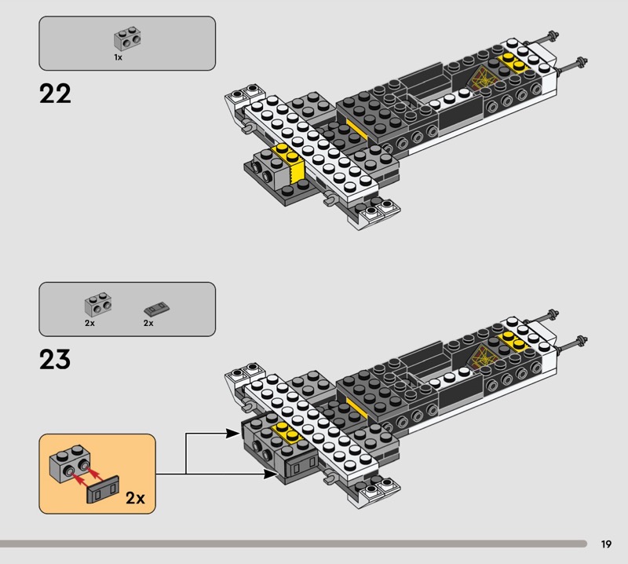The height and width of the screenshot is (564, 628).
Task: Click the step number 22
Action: (55, 94)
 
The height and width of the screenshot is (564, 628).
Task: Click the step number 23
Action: (55, 360)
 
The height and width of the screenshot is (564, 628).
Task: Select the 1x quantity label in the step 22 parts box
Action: (118, 57)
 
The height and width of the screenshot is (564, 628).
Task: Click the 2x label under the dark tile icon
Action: (148, 323)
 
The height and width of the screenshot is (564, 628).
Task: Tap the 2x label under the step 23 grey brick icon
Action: (89, 323)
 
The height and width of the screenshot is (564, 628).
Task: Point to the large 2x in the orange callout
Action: (136, 497)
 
